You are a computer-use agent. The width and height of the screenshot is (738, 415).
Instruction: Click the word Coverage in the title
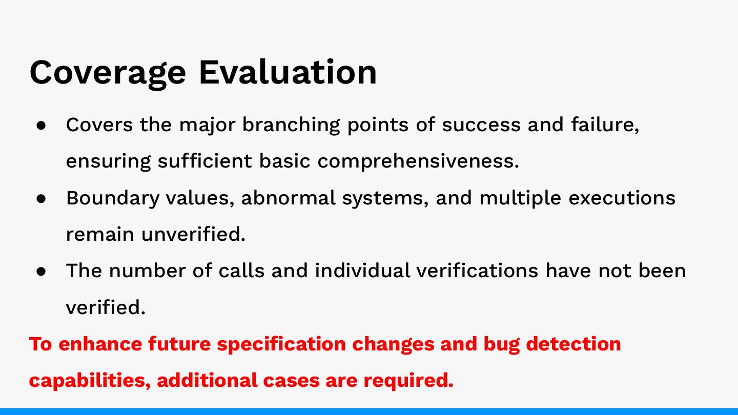108,74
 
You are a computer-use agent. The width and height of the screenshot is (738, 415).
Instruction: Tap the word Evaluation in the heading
288,72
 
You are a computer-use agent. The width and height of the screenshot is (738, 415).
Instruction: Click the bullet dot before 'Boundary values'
41,198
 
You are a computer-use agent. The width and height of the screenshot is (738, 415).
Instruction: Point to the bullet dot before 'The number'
41,272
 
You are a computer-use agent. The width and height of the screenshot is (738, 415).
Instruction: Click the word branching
291,126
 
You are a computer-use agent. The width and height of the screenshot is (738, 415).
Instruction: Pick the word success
481,126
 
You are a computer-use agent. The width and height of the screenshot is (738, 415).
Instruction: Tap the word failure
605,125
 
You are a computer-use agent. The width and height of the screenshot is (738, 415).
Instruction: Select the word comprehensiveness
418,162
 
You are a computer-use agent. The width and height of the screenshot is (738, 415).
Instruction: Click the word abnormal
288,198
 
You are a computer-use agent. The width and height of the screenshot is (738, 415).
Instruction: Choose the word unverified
193,235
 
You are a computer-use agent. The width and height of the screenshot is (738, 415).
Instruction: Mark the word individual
362,271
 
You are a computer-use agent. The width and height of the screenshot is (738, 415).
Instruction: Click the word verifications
477,271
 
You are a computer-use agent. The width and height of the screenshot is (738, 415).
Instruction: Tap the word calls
241,271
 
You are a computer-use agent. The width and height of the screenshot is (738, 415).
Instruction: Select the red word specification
281,344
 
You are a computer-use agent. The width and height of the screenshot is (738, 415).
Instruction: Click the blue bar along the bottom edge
369,411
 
